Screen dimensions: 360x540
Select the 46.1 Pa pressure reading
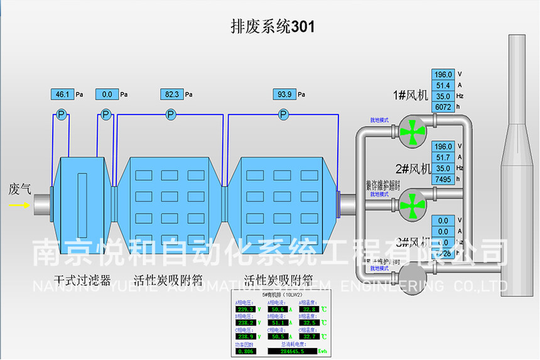pyautogui.click(x=62, y=94)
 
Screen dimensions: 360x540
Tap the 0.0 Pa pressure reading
pyautogui.click(x=107, y=94)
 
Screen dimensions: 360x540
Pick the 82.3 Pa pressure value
pyautogui.click(x=171, y=94)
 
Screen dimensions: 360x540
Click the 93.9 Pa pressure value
pyautogui.click(x=284, y=94)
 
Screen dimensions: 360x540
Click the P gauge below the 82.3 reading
pyautogui.click(x=171, y=114)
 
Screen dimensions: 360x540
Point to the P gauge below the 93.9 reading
pyautogui.click(x=284, y=114)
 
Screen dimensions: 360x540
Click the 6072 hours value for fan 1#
pyautogui.click(x=443, y=107)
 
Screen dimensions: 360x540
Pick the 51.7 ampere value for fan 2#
pyautogui.click(x=443, y=157)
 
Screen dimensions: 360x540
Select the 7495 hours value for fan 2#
pyautogui.click(x=443, y=179)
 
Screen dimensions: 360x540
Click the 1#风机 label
pyautogui.click(x=410, y=95)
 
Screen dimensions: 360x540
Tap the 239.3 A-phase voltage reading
pyautogui.click(x=245, y=309)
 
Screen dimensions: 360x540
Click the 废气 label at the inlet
pyautogui.click(x=19, y=188)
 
